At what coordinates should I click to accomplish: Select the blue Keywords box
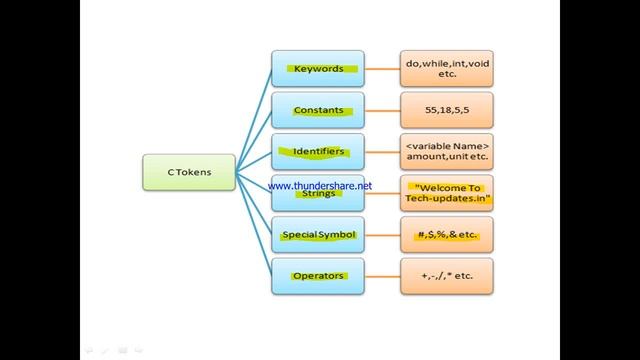(x=318, y=69)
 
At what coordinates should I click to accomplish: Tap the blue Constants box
(x=318, y=110)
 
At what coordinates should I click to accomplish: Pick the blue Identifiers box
(x=318, y=152)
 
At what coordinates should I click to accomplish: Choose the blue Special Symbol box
(x=318, y=235)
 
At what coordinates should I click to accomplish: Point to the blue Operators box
(x=318, y=276)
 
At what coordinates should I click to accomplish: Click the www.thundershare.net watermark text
(x=320, y=186)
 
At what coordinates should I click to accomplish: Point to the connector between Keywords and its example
(x=382, y=69)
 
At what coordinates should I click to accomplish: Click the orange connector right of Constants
(x=382, y=110)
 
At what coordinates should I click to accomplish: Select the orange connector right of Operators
(x=382, y=276)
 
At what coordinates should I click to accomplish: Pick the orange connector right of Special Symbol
(x=382, y=235)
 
